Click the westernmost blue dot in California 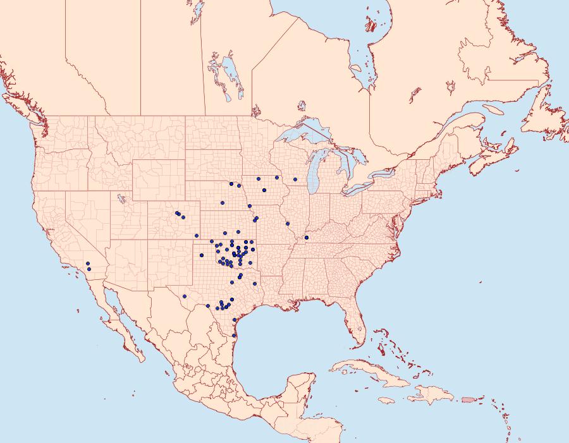(x=88, y=263)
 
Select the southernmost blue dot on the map (x=234, y=335)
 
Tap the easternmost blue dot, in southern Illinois (x=306, y=238)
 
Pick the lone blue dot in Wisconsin (x=295, y=179)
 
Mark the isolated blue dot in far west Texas (x=184, y=296)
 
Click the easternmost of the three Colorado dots (x=183, y=217)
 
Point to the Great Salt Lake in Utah (x=118, y=198)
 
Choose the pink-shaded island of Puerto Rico (x=468, y=399)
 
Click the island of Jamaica (x=388, y=400)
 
